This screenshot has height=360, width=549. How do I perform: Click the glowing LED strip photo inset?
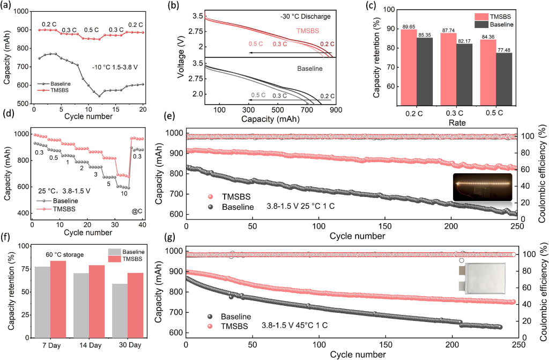(483, 186)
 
